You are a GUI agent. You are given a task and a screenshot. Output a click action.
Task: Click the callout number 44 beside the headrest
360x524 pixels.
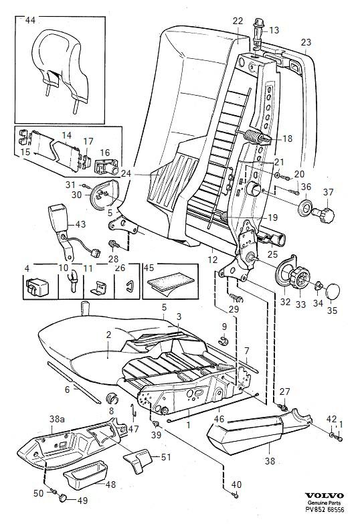click(30, 20)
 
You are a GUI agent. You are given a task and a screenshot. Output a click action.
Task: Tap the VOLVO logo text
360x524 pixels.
click(325, 495)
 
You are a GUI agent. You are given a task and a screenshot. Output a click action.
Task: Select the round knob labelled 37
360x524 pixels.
click(325, 215)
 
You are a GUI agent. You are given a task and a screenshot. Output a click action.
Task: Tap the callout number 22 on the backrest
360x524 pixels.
click(238, 21)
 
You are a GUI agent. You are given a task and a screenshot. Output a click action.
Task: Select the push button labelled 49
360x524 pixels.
click(62, 498)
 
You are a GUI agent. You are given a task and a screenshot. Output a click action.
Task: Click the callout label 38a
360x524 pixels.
click(57, 419)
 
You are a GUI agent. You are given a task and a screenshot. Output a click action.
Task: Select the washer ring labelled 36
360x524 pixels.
click(305, 207)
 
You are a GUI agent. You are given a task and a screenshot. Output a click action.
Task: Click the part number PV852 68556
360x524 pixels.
click(325, 510)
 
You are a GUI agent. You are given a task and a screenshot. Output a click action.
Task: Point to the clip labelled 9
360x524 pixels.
click(224, 341)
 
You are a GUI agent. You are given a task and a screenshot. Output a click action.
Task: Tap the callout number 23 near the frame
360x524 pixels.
click(306, 42)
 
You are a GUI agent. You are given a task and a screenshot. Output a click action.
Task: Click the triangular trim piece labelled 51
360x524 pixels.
click(137, 460)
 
